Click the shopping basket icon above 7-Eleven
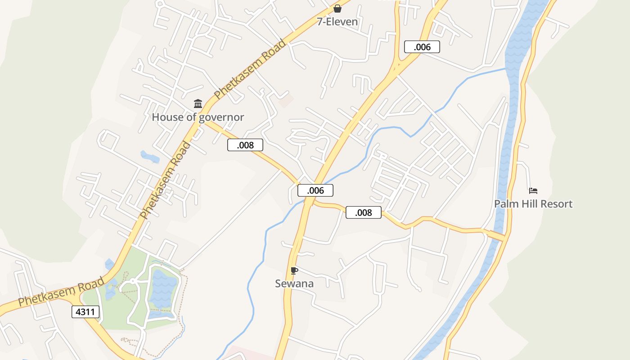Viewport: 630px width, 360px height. [x=337, y=9]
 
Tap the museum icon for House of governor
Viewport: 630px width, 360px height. [x=198, y=104]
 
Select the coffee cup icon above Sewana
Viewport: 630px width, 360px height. [x=294, y=270]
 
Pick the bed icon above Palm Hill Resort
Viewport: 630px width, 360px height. [x=533, y=191]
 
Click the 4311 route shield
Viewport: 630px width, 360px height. [x=85, y=311]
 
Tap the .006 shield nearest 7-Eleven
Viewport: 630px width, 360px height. [x=422, y=47]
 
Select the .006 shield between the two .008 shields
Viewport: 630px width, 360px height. [x=315, y=190]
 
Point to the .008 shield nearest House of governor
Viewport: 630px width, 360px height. [x=245, y=145]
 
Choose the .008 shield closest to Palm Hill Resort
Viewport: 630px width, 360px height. [x=364, y=212]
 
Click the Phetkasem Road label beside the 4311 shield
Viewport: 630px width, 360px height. [x=61, y=292]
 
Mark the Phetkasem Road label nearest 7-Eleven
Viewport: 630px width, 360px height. [x=250, y=69]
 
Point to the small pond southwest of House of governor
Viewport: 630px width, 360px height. [x=150, y=157]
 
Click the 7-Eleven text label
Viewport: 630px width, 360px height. [x=337, y=22]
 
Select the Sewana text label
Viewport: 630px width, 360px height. [x=294, y=283]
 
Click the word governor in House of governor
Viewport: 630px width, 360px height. [x=221, y=117]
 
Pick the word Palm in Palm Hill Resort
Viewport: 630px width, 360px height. [x=505, y=204]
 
